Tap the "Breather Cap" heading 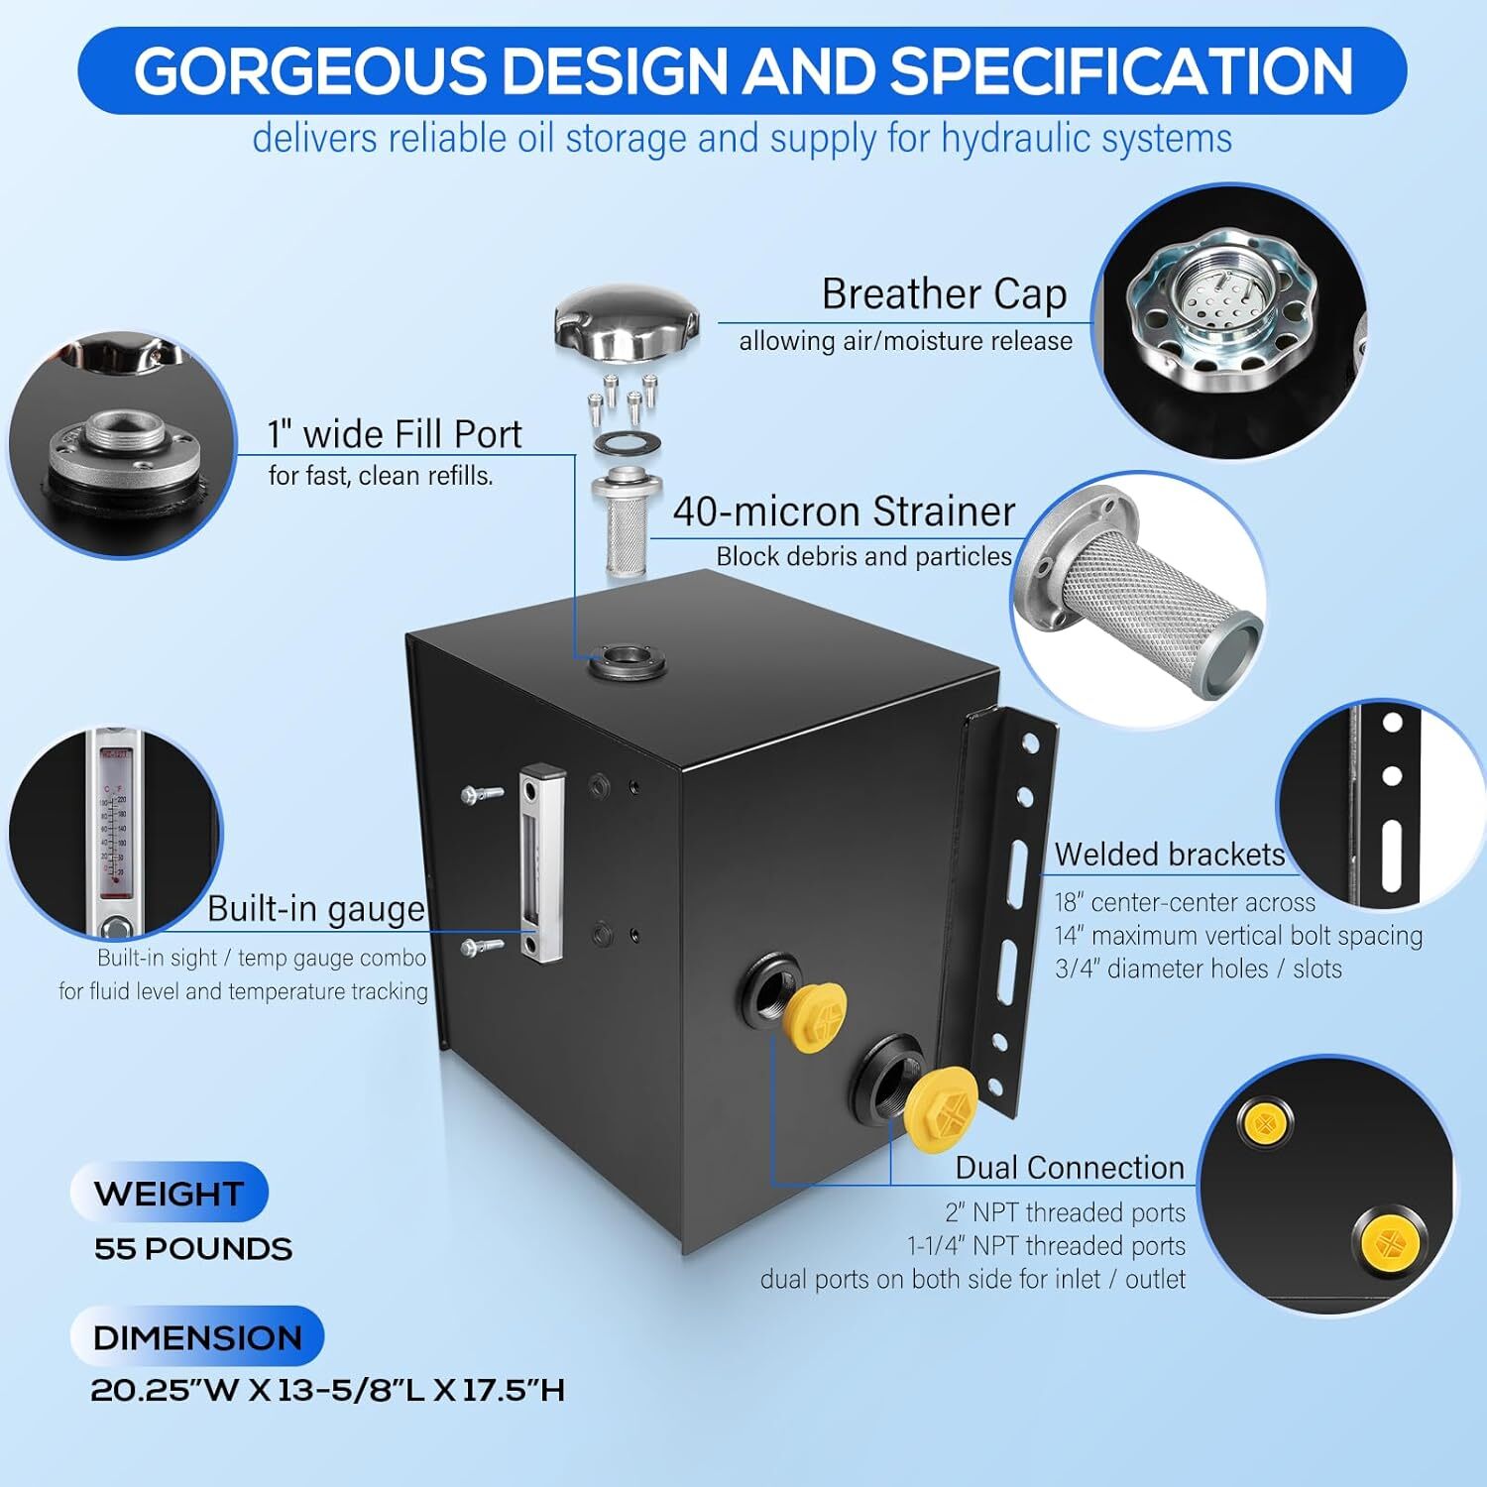[x=944, y=293]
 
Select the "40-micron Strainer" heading [x=844, y=512]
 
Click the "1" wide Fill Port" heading [x=395, y=434]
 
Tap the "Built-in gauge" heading [x=316, y=909]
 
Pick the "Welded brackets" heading [x=1170, y=855]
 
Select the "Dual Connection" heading [x=1070, y=1168]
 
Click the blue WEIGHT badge [x=169, y=1193]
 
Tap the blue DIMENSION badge [x=197, y=1337]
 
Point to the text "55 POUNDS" [x=193, y=1249]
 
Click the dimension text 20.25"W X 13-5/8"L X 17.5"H [x=328, y=1390]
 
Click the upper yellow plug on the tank [x=815, y=1008]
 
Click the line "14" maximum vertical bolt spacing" [x=1238, y=936]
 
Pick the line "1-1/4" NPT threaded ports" [x=1047, y=1246]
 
